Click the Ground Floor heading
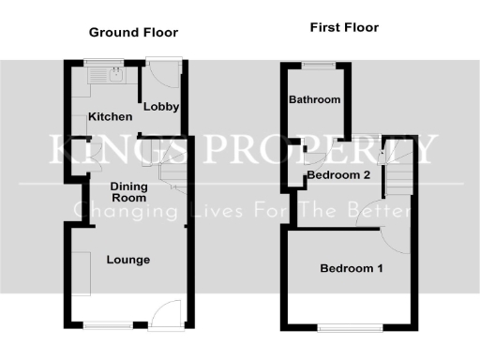coord(133,33)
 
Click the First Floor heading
coord(344,28)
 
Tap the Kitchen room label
coord(110,117)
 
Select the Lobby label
coord(160,107)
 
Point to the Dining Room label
coord(129,192)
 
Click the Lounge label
coord(128,260)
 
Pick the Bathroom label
coord(314,100)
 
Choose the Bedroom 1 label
coord(352,269)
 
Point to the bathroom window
coord(315,63)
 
